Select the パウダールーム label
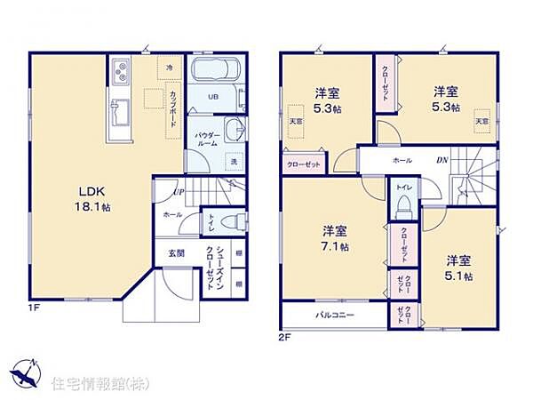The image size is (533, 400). click(208, 139)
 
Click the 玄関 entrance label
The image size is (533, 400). click(175, 253)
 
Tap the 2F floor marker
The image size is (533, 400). click(285, 338)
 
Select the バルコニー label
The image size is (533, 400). click(333, 316)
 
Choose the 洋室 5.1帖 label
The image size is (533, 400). click(458, 268)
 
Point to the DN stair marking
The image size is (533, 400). click(442, 160)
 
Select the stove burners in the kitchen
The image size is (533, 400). click(122, 69)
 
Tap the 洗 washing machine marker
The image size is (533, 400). click(234, 162)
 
